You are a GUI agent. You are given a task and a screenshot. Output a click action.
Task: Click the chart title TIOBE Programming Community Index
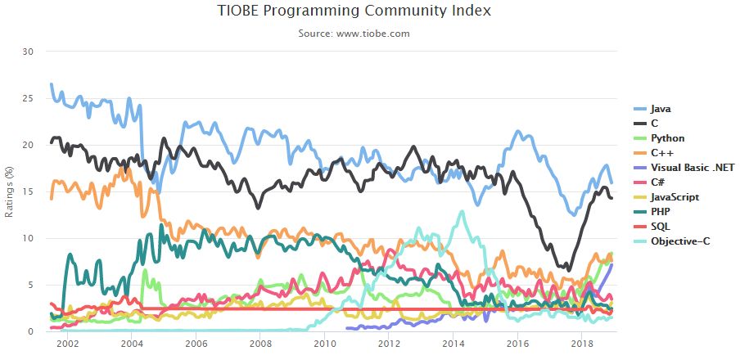click(354, 11)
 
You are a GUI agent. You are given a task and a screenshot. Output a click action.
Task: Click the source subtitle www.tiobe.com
click(354, 34)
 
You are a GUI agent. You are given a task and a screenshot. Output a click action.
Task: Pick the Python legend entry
click(668, 138)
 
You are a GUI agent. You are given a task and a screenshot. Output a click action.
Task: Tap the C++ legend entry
click(661, 153)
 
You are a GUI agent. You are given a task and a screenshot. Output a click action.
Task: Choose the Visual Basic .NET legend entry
click(692, 168)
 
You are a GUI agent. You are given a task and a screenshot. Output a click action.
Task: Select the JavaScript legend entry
click(675, 197)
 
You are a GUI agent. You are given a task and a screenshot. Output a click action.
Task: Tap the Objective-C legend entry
click(679, 241)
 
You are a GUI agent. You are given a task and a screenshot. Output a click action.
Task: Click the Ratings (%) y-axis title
click(11, 191)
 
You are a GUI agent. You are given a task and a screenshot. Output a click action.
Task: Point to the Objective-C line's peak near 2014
click(463, 212)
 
